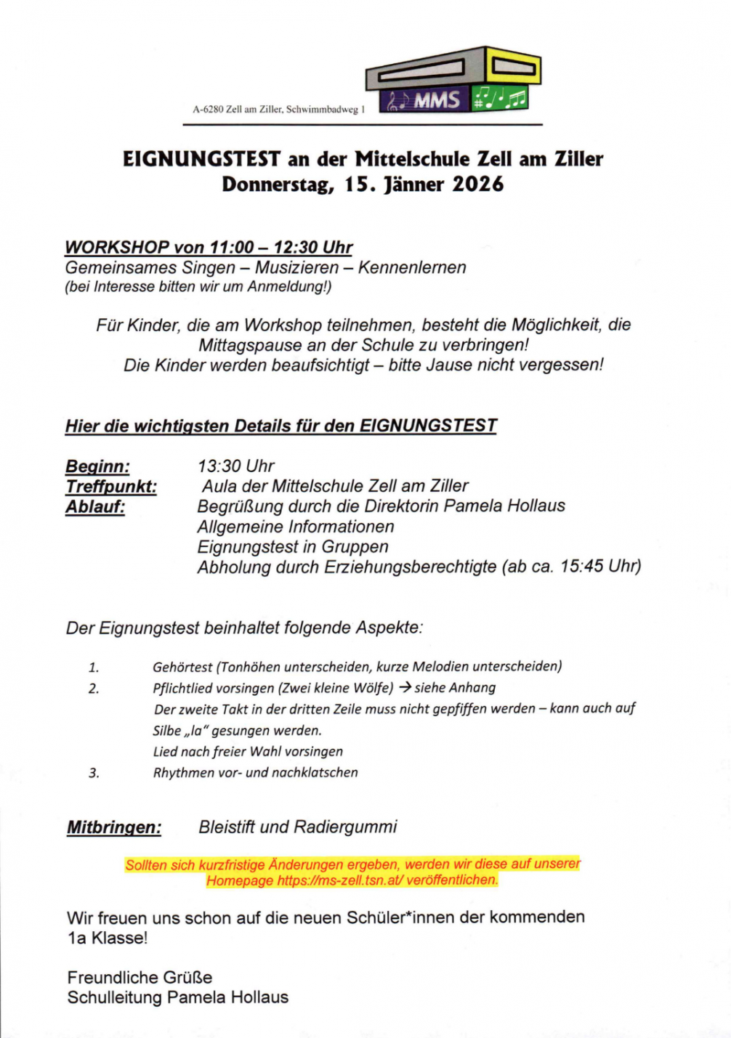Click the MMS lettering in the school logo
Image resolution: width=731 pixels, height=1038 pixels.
[437, 100]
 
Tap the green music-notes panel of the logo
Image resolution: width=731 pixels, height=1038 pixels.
[500, 97]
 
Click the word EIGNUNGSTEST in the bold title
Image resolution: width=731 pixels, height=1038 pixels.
[201, 158]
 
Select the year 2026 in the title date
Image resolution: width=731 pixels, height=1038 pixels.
[477, 184]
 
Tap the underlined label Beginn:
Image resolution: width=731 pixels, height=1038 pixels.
[97, 466]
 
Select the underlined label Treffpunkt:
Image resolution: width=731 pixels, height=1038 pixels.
[111, 487]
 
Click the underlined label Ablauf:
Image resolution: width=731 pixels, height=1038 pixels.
[95, 507]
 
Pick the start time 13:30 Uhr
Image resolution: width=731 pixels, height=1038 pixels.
[235, 466]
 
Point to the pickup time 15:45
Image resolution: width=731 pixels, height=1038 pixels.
[581, 567]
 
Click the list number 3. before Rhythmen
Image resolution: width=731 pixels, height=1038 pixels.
[94, 773]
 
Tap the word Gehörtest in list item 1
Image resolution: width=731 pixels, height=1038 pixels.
[182, 667]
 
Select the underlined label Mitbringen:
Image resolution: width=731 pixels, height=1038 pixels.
[114, 827]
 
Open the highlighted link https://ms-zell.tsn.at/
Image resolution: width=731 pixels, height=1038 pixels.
[340, 880]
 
